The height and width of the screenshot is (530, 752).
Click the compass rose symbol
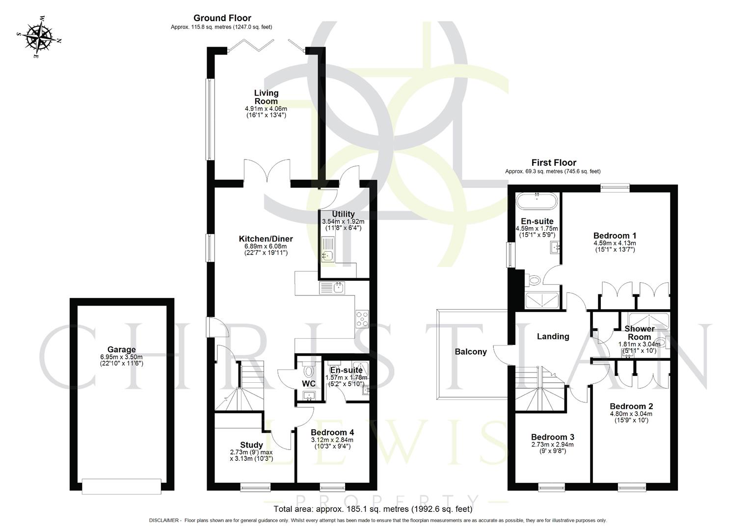tap(39, 37)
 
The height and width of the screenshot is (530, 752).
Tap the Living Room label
tap(266, 97)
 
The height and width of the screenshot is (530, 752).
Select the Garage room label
tap(122, 349)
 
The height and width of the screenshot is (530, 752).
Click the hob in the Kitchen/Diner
tap(362, 319)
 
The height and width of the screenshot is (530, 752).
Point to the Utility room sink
tap(327, 254)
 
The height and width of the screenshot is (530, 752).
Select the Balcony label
tap(470, 351)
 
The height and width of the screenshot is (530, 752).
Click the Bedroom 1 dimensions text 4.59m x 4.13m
tap(615, 243)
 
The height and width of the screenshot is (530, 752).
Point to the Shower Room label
tap(639, 333)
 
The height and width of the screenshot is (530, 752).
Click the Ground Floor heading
tap(222, 18)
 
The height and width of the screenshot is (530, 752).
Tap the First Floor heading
tap(553, 162)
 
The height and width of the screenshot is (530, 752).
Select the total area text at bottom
tap(373, 509)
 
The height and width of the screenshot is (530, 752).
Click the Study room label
tap(251, 445)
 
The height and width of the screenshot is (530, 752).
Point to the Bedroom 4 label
tap(332, 432)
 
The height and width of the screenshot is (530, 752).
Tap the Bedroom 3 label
tap(552, 437)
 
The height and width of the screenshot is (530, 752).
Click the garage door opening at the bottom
tap(122, 486)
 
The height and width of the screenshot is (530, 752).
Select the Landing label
tap(553, 336)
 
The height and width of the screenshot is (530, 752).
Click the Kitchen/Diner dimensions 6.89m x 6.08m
tap(266, 246)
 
